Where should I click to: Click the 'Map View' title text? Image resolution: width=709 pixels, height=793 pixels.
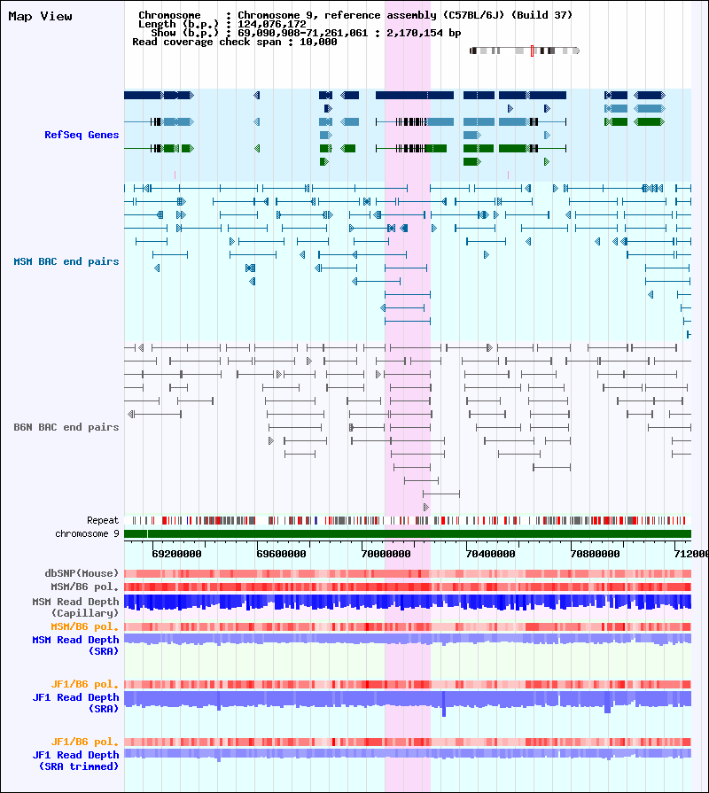(x=40, y=16)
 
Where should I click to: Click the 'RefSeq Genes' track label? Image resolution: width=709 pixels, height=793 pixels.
(x=82, y=135)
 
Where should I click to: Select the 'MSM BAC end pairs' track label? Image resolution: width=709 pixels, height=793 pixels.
(x=66, y=261)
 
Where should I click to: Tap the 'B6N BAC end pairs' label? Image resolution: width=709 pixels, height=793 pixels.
(x=66, y=427)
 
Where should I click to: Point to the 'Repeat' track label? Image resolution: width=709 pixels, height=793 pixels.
(x=103, y=520)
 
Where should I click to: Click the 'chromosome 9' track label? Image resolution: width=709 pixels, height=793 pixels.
(x=87, y=533)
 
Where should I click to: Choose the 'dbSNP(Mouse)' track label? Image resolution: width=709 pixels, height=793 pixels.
(x=82, y=573)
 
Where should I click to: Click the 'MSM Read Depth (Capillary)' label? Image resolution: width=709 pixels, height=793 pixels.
(x=75, y=607)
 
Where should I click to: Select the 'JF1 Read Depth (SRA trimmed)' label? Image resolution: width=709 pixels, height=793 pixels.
(x=75, y=760)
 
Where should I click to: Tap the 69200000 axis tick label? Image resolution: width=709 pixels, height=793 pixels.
(x=176, y=554)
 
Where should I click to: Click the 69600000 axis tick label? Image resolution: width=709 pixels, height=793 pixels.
(x=281, y=554)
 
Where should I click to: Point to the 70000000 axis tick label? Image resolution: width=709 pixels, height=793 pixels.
(x=386, y=554)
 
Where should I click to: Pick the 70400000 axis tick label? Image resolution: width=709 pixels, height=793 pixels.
(x=490, y=554)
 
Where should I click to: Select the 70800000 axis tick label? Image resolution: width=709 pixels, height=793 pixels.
(x=596, y=554)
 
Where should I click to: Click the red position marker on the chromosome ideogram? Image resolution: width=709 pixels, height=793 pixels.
(x=532, y=51)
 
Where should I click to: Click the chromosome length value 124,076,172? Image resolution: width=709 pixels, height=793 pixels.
(x=272, y=24)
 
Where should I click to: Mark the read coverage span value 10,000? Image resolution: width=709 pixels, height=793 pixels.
(x=318, y=42)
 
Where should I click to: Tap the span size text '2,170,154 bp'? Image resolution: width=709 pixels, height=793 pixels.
(x=424, y=33)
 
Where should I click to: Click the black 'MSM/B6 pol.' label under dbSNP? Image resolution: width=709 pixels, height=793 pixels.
(x=84, y=587)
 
